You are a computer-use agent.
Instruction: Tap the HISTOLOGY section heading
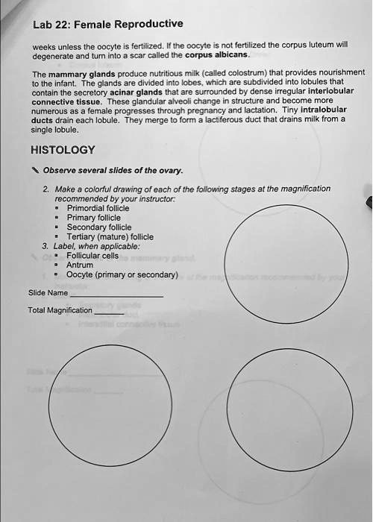[63, 149]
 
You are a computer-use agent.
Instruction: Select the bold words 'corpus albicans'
[217, 55]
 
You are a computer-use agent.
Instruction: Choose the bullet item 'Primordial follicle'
[98, 208]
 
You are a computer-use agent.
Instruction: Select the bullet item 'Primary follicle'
[94, 218]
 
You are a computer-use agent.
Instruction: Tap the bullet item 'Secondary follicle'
[98, 227]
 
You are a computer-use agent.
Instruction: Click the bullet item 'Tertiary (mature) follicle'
[110, 236]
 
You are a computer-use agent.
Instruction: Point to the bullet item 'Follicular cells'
[93, 255]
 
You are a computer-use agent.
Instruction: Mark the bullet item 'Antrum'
[80, 265]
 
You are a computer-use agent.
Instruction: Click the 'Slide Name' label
[47, 293]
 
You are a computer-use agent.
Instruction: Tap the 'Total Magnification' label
[60, 309]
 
